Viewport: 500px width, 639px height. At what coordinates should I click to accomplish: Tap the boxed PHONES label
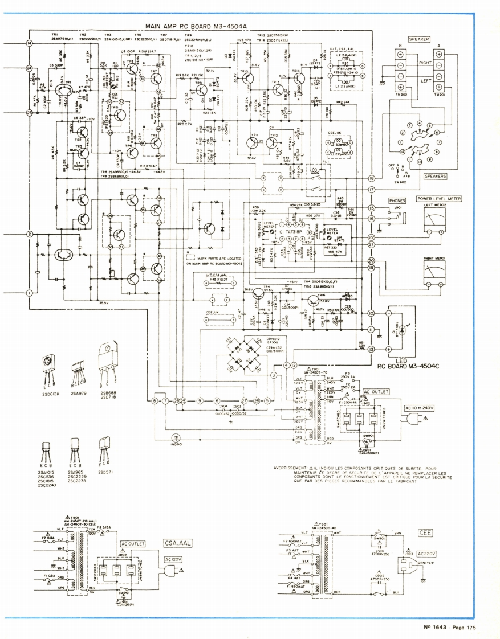[397, 201]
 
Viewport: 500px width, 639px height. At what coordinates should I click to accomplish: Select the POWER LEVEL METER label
[438, 199]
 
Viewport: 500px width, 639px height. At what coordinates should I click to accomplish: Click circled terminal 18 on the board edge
[371, 179]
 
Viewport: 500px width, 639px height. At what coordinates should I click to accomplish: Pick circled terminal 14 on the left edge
[29, 44]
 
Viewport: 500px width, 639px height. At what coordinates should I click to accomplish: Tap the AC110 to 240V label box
[404, 408]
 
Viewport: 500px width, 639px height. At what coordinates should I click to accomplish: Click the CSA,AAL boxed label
[177, 543]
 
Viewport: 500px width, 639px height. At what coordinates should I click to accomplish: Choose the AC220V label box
[426, 553]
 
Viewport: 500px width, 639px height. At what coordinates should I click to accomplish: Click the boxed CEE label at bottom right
[425, 533]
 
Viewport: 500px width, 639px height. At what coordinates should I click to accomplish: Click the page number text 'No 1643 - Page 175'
[449, 628]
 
